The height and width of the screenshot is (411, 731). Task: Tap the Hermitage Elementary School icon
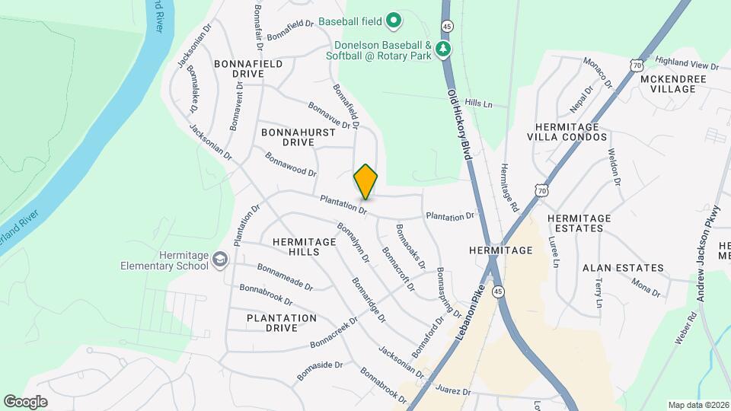pos(219,260)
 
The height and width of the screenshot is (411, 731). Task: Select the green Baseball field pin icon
pos(393,21)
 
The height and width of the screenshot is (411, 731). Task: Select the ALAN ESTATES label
pos(623,269)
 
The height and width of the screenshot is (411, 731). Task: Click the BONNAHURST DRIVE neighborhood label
pos(288,137)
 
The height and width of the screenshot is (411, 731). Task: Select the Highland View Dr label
pos(687,63)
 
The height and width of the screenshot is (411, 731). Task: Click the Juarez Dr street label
pos(454,391)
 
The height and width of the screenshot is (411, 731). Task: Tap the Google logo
pos(25,402)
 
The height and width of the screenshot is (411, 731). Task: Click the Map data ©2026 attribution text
pos(697,405)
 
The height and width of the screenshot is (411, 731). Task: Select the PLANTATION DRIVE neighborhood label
pos(281,323)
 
